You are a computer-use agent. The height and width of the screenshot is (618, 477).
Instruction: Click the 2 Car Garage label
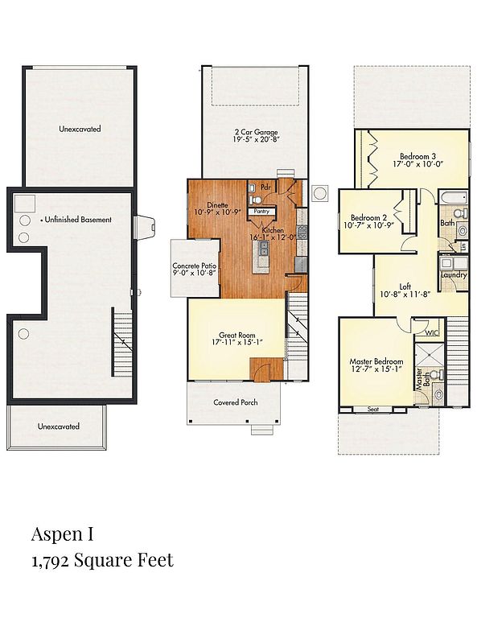pos(256,132)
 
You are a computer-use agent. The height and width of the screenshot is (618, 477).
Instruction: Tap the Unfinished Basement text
pos(78,220)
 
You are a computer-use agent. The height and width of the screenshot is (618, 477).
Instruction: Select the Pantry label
pos(261,212)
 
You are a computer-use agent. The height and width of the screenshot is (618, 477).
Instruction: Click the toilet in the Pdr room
pos(255,200)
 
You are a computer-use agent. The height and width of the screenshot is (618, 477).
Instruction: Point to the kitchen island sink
pos(263,249)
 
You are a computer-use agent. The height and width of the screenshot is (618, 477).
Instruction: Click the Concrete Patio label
pos(194,266)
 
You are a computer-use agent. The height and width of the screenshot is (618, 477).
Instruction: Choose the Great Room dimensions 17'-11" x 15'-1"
pos(237,342)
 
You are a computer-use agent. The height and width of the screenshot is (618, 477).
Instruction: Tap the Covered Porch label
pos(236,402)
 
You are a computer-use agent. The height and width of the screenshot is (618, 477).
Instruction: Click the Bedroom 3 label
pos(417,156)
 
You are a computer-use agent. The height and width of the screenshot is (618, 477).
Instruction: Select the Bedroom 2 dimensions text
pos(368,225)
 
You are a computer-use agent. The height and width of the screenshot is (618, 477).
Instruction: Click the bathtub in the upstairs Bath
pos(454,196)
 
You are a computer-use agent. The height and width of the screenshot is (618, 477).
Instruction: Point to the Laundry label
pos(454,274)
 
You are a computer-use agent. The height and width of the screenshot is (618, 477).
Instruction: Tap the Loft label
pos(405,286)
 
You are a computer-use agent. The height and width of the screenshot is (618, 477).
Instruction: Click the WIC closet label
pos(432,333)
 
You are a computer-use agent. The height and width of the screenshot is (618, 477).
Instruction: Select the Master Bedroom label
pos(376,361)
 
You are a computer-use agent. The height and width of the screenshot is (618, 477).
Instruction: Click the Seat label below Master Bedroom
pos(373,410)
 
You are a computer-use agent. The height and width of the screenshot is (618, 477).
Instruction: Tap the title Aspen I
pos(63,534)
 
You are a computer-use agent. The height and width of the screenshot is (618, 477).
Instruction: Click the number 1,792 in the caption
pos(51,561)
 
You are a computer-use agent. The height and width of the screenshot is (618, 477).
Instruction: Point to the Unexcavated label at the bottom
pos(59,426)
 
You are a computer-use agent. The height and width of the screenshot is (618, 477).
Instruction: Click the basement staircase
pos(122,342)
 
